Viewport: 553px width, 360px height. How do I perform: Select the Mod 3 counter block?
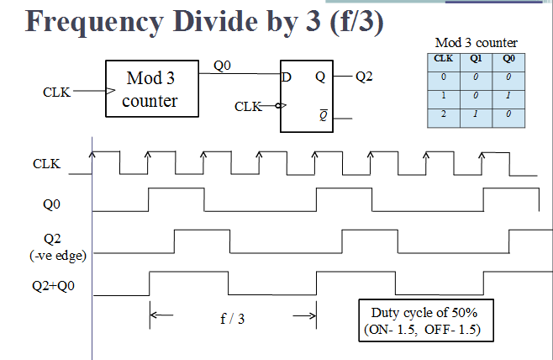click(x=150, y=89)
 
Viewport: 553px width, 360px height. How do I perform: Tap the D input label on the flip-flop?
click(x=288, y=77)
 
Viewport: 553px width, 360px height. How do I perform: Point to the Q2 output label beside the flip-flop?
click(x=364, y=77)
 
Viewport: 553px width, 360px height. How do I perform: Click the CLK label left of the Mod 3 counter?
click(x=56, y=92)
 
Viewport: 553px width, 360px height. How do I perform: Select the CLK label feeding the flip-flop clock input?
click(x=248, y=107)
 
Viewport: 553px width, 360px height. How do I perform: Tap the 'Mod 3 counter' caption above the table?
click(x=476, y=42)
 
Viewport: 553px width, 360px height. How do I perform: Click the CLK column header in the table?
click(x=443, y=59)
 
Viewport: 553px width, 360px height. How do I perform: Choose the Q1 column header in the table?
click(x=475, y=59)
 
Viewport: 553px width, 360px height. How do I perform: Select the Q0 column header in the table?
click(x=508, y=59)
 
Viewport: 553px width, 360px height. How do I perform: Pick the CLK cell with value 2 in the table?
click(x=443, y=113)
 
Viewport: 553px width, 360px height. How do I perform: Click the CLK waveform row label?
click(x=46, y=163)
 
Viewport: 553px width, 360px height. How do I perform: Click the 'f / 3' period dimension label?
click(x=232, y=319)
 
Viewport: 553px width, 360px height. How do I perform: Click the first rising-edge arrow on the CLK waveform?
click(x=93, y=152)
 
